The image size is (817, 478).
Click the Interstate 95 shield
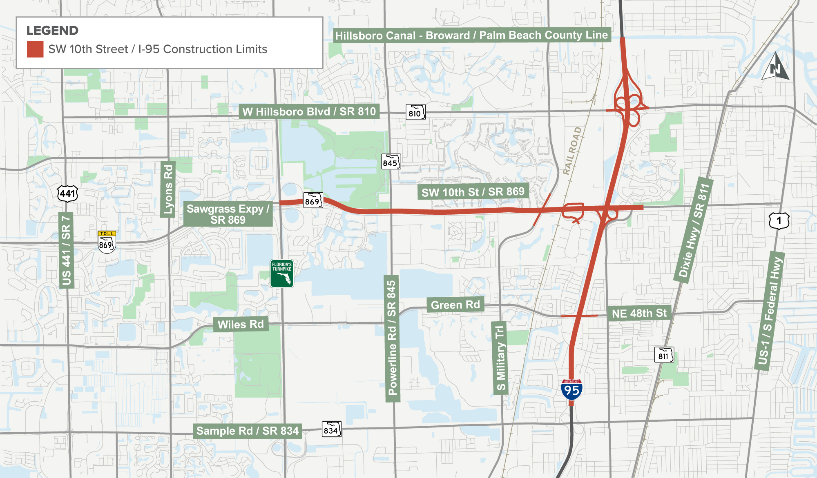click(571, 390)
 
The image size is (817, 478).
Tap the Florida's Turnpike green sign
click(282, 273)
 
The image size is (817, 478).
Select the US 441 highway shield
click(67, 193)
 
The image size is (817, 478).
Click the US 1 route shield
click(779, 220)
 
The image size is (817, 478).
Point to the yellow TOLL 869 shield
click(107, 242)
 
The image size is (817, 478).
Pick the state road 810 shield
click(415, 112)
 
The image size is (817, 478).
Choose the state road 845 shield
click(391, 162)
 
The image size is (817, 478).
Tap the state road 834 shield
click(332, 429)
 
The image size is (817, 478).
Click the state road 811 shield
click(664, 355)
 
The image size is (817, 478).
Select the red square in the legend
click(35, 49)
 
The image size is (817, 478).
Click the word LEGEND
click(52, 31)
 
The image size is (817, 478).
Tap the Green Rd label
click(455, 305)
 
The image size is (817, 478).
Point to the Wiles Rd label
click(241, 325)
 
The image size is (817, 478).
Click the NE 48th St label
click(639, 313)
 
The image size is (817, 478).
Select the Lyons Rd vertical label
click(168, 189)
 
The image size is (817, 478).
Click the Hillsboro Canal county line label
click(471, 36)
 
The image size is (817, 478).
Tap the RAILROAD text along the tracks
click(572, 151)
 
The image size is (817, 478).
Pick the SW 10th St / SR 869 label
click(473, 192)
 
